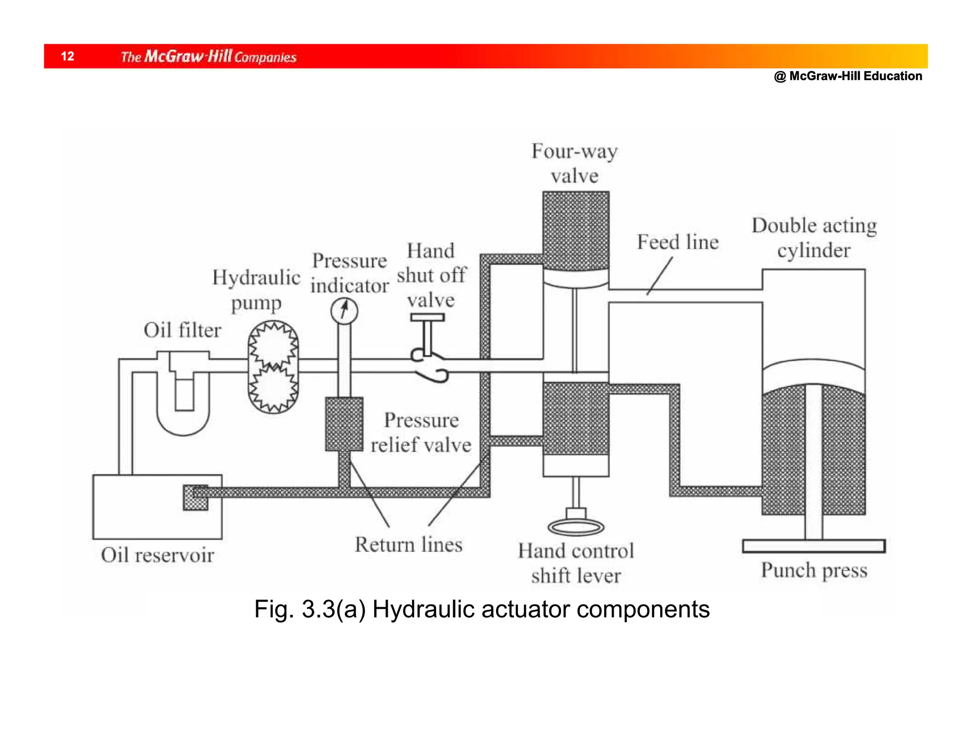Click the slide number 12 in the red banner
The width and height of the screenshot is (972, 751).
pos(67,56)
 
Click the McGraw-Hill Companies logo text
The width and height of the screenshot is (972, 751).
pos(208,56)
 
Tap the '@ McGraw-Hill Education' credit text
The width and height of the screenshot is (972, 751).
pos(848,76)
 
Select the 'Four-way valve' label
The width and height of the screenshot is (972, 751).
pos(574,163)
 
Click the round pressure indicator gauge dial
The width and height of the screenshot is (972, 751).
pos(344,311)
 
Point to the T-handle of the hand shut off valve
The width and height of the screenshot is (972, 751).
pos(427,317)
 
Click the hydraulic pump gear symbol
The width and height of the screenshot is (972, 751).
pos(273,367)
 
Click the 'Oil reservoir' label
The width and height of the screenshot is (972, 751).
pos(157,554)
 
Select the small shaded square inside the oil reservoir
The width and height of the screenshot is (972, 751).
pos(196,498)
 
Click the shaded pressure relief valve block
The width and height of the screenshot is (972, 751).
pos(344,424)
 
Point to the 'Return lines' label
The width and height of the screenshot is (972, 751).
pos(409,544)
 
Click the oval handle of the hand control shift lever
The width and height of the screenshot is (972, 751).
pos(576,527)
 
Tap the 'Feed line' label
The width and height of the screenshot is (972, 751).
pos(677,242)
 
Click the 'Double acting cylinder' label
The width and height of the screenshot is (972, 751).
pos(814,237)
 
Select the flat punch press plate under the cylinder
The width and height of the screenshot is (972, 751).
pos(813,546)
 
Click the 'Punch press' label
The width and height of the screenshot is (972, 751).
pos(814,570)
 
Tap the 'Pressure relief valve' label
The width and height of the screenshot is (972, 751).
pos(421,432)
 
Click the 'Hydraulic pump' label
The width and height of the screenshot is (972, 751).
pos(256,290)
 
